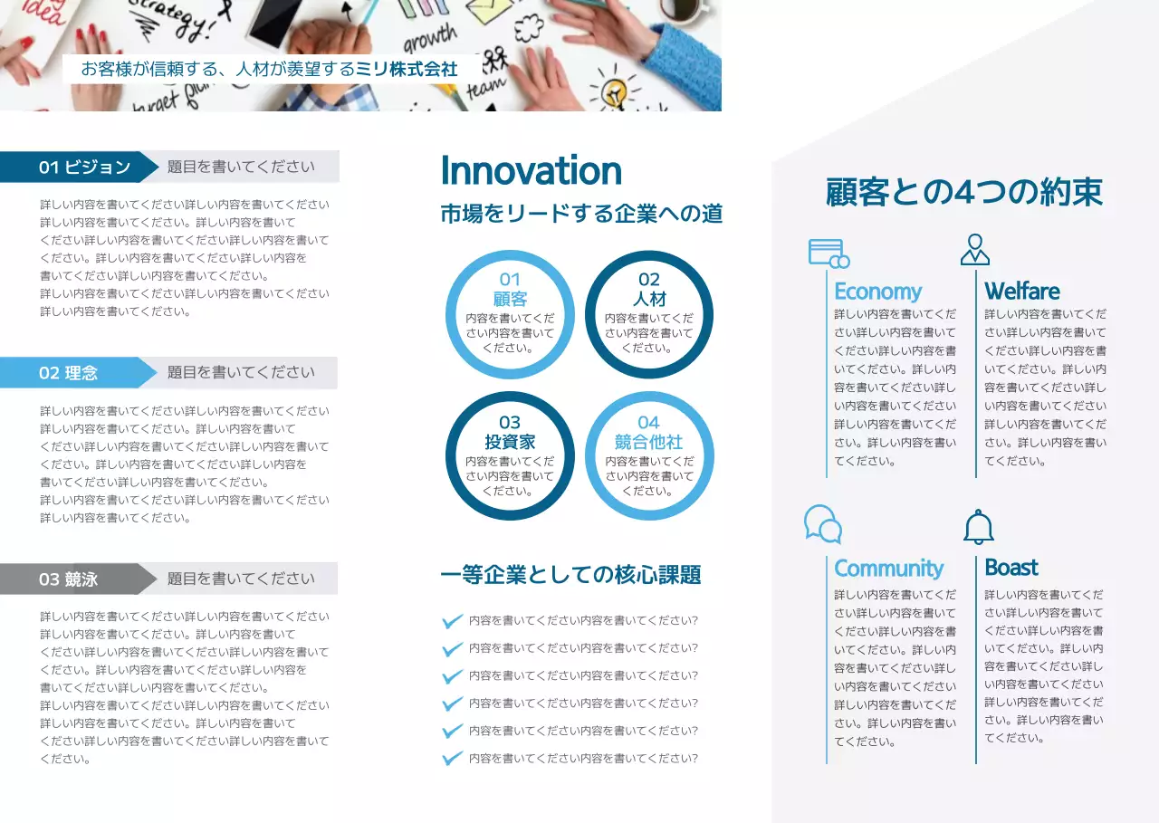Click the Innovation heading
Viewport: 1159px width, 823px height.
531,171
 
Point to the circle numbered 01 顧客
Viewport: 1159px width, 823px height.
510,314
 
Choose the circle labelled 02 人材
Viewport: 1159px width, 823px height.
649,314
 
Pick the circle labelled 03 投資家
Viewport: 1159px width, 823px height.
510,455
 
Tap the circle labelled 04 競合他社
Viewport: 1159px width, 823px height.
649,455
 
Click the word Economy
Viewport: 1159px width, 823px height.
877,292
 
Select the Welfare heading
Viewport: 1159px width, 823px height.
1022,292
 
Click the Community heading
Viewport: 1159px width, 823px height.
888,569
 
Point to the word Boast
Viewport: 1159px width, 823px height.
1011,568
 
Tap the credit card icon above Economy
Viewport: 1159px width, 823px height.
829,253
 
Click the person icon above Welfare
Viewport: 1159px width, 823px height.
975,250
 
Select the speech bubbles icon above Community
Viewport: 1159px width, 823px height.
823,524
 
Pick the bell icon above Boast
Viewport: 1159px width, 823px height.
979,527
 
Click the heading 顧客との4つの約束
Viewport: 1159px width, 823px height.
964,193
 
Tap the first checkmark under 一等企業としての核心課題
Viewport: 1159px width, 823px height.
452,622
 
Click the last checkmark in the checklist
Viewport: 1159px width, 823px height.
452,759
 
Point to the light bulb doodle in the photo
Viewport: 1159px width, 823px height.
615,91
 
